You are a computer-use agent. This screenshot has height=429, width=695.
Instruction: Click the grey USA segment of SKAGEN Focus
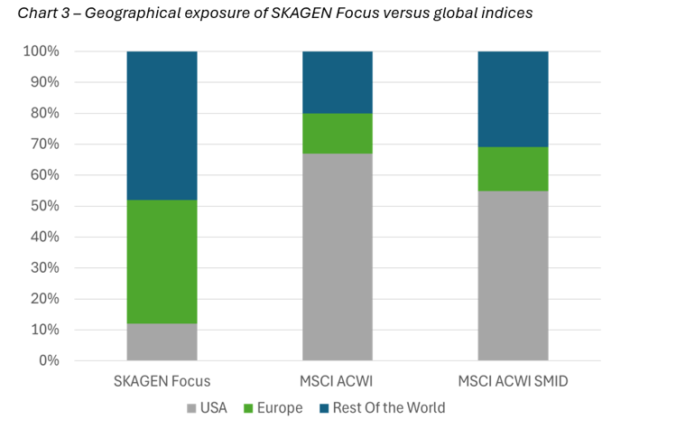pos(162,342)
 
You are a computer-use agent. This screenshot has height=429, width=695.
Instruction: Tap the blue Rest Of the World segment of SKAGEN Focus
pos(162,126)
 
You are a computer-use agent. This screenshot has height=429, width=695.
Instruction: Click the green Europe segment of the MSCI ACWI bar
pos(337,134)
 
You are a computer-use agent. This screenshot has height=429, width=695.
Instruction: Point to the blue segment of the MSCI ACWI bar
pos(337,82)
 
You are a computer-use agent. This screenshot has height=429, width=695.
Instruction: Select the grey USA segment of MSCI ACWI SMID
pos(513,275)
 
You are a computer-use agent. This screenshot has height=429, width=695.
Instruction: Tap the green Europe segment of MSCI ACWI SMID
pos(513,169)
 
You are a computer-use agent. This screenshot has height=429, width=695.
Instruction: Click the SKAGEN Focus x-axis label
pos(162,380)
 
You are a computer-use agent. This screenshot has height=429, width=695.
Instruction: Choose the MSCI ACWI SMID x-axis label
pos(513,380)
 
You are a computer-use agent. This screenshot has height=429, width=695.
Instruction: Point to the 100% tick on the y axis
pos(42,51)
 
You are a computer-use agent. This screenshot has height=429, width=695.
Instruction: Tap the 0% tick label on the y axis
pos(48,361)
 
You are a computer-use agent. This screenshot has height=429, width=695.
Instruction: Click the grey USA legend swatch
pos(190,408)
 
